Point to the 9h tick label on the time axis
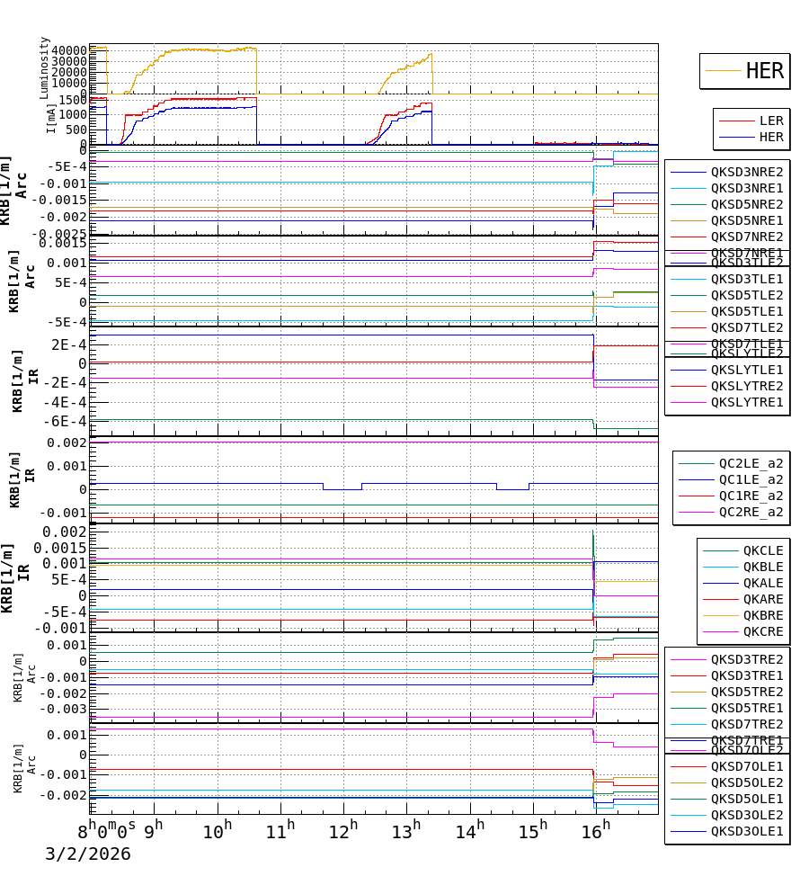154,830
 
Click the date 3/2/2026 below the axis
88,854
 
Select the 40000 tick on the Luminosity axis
69,50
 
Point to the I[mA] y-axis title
51,118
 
